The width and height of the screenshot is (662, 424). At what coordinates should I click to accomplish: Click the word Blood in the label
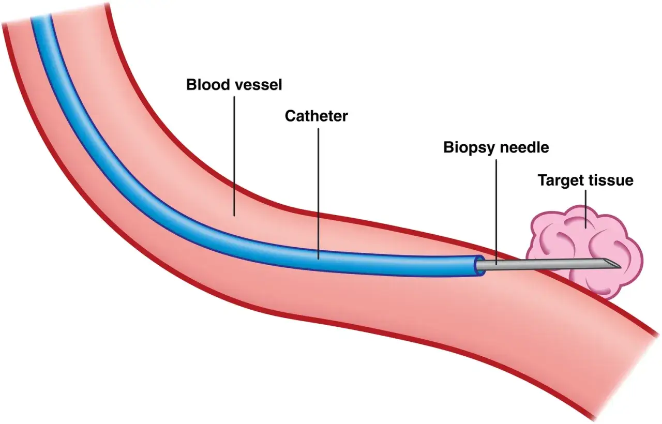tap(208, 84)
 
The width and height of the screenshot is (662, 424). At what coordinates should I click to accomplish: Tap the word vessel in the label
tap(259, 84)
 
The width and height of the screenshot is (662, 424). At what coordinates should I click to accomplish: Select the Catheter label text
tap(316, 116)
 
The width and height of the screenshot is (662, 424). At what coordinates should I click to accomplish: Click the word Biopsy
tap(469, 148)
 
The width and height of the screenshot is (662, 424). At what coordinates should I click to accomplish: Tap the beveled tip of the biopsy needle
tap(620, 267)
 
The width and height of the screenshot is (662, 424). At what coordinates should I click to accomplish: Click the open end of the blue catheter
tap(480, 266)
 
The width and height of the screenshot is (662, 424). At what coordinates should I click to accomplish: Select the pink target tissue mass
tap(584, 251)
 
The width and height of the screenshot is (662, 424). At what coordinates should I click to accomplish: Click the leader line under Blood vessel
tap(234, 156)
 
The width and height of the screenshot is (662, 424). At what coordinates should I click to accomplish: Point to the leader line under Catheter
tap(318, 194)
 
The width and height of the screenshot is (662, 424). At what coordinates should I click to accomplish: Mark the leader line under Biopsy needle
tap(496, 212)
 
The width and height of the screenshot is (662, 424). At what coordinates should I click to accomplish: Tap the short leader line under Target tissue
tap(586, 209)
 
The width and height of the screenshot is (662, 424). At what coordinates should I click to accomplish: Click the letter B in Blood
tap(191, 84)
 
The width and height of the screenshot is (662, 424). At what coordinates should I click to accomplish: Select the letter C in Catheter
tap(291, 116)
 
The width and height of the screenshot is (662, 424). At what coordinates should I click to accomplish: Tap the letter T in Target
tap(543, 180)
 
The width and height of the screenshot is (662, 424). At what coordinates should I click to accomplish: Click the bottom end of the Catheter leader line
tap(318, 260)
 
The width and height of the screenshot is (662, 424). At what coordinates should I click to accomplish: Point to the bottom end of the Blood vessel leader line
tap(234, 216)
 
